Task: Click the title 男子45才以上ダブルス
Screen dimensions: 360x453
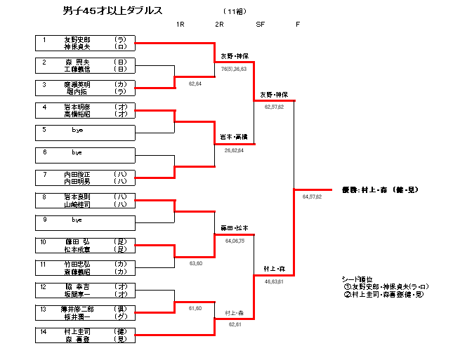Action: coord(112,11)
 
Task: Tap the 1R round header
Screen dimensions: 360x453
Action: coord(180,25)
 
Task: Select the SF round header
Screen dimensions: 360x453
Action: coord(260,25)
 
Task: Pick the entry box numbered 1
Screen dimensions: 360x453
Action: coord(84,44)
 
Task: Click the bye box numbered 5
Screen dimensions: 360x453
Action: coord(84,133)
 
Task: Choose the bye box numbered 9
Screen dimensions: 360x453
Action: coord(84,222)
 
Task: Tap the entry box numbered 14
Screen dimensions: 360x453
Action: coord(84,335)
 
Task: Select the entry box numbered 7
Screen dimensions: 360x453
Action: coord(84,178)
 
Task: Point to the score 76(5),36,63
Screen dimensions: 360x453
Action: coord(234,69)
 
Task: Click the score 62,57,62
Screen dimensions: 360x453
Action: coord(274,107)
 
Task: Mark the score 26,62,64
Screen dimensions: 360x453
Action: coord(235,150)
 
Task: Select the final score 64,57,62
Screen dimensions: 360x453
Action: coord(312,196)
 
